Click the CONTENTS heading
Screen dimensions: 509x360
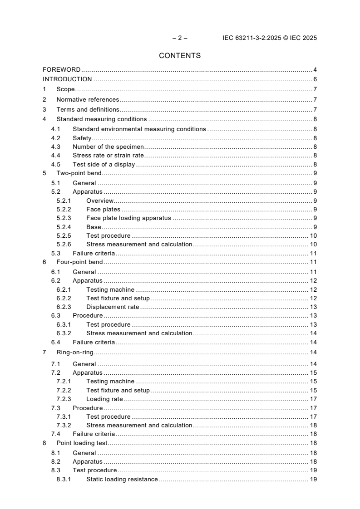click(x=180, y=56)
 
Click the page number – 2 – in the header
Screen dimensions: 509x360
click(x=180, y=38)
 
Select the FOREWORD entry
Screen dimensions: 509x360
click(x=61, y=70)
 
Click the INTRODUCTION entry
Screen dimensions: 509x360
click(x=67, y=79)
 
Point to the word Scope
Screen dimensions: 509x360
click(x=65, y=89)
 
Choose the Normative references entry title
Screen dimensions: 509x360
click(x=88, y=99)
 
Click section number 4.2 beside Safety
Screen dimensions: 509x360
click(x=56, y=138)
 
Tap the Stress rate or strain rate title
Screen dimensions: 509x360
click(x=102, y=156)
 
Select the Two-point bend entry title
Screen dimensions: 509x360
click(x=79, y=173)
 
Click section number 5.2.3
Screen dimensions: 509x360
click(x=64, y=218)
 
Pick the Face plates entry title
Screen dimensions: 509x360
click(x=103, y=210)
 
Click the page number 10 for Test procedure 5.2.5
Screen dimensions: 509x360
click(x=313, y=236)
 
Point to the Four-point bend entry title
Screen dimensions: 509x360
click(x=79, y=262)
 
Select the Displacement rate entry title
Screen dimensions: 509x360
click(x=113, y=307)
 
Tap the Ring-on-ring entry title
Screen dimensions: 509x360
click(x=75, y=352)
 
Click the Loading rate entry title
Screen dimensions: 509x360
click(x=104, y=399)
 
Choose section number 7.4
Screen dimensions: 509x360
click(x=56, y=434)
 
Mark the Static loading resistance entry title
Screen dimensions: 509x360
click(x=122, y=480)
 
